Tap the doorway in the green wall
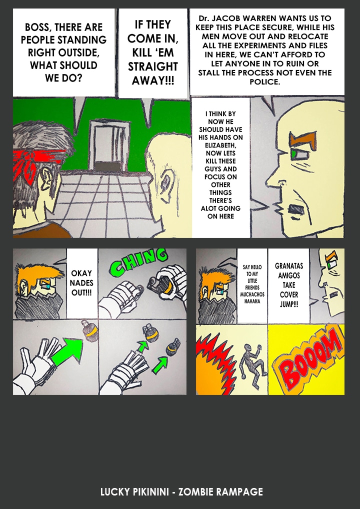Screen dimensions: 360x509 pyautogui.click(x=109, y=145)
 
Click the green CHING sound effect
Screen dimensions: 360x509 pyautogui.click(x=139, y=262)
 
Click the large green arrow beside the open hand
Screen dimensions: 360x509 pyautogui.click(x=67, y=350)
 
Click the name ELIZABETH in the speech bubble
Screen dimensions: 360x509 pyautogui.click(x=220, y=145)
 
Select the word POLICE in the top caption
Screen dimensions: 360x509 pyautogui.click(x=264, y=81)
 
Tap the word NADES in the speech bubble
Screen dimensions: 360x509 pyautogui.click(x=81, y=282)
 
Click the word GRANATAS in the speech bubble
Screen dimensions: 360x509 pyautogui.click(x=289, y=266)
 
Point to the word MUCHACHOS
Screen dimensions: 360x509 pyautogui.click(x=252, y=294)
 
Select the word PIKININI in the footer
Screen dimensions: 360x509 pyautogui.click(x=150, y=491)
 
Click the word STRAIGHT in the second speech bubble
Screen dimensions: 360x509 pyautogui.click(x=153, y=66)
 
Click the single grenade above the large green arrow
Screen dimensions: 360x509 pyautogui.click(x=89, y=330)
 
